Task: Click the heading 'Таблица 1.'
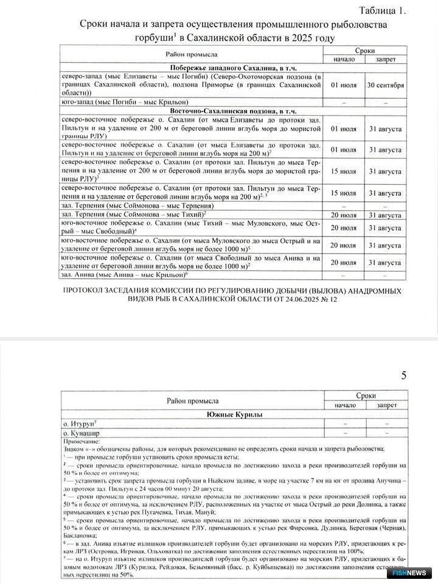point(381,10)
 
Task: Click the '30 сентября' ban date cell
point(384,85)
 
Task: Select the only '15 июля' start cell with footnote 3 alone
point(343,171)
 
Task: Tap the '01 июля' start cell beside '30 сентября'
point(343,85)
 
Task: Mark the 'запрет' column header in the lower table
point(387,405)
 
